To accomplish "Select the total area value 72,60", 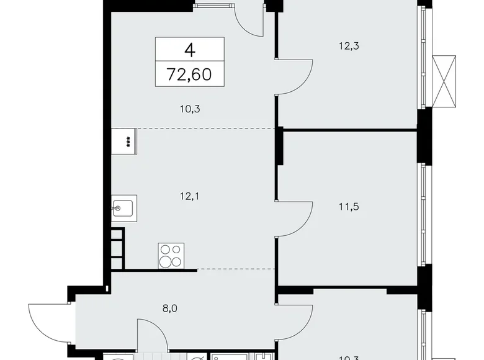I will tap(188, 75).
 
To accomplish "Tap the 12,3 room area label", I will tap(347, 44).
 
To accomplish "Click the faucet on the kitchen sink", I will tap(117, 208).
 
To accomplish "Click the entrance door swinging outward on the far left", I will tap(50, 323).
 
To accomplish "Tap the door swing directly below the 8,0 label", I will tap(153, 338).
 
